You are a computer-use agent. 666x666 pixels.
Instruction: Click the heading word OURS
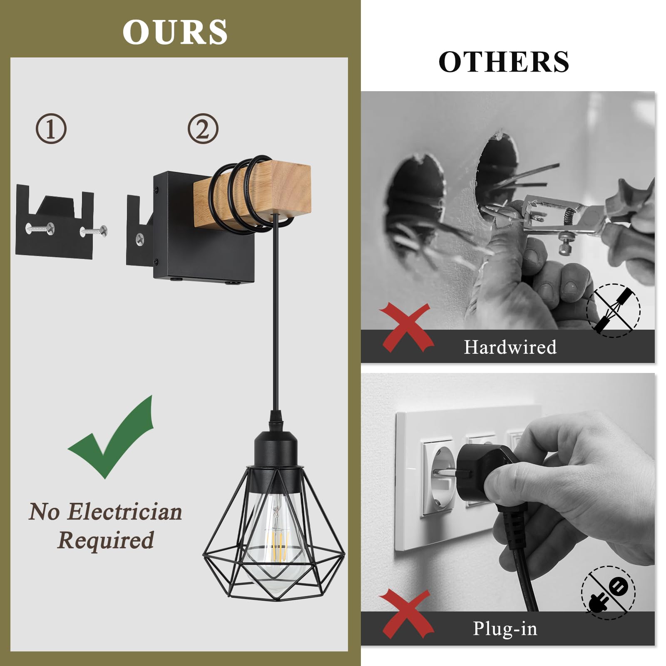[x=175, y=32]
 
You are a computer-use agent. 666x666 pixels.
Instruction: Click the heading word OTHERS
[x=504, y=62]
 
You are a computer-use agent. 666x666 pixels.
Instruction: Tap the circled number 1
[x=51, y=129]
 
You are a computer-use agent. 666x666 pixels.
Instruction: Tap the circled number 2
[x=203, y=129]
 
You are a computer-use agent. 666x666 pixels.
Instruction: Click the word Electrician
[x=124, y=512]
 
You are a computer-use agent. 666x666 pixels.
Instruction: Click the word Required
[x=106, y=540]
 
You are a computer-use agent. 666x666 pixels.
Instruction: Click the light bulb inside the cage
[x=275, y=537]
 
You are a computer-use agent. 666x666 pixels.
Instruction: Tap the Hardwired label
[x=510, y=347]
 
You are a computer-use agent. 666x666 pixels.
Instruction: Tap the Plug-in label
[x=505, y=629]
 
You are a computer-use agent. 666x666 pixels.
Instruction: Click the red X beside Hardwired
[x=406, y=327]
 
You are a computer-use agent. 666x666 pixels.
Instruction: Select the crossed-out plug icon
[x=608, y=593]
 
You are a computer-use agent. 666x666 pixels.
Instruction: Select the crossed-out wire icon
[x=613, y=311]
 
